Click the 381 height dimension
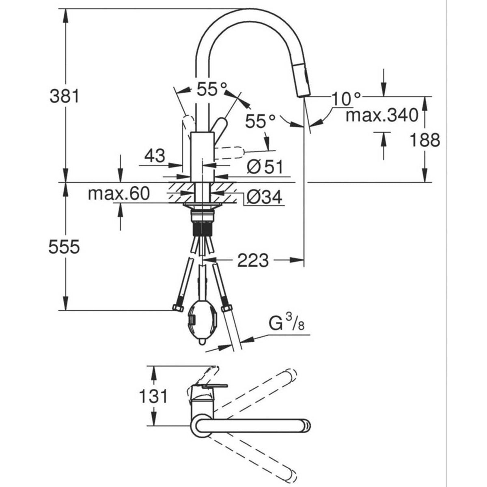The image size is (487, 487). click(65, 97)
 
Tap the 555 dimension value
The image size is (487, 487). click(64, 247)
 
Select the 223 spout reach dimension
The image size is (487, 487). click(253, 260)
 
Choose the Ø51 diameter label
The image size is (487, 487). click(265, 167)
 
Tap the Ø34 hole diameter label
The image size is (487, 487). click(264, 197)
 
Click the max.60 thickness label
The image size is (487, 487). click(119, 194)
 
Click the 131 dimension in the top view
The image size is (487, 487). click(154, 396)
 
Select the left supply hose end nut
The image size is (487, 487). click(178, 308)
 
